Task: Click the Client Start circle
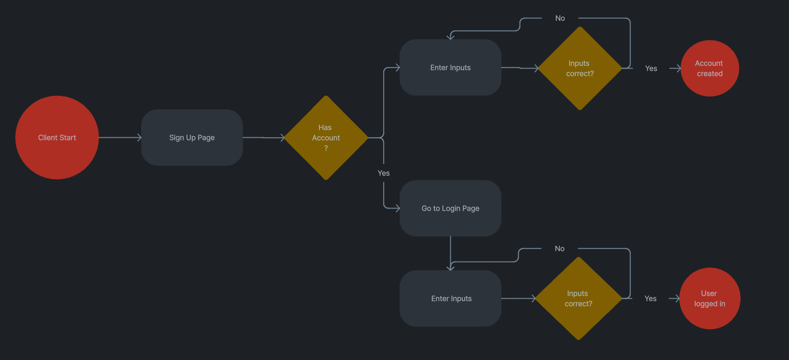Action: [x=57, y=137]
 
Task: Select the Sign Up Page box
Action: [x=192, y=137]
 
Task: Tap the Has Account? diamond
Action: [x=326, y=138]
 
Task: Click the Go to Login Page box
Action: [x=450, y=208]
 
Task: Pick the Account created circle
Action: [x=709, y=68]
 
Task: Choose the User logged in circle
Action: [x=709, y=298]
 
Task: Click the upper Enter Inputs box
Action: [x=450, y=68]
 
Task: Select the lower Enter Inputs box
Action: [x=450, y=298]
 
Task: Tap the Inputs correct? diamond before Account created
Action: [x=579, y=68]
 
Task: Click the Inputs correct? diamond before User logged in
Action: [x=578, y=298]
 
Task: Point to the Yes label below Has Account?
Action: [x=384, y=173]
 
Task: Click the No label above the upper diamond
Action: [x=560, y=18]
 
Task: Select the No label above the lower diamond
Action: [x=559, y=248]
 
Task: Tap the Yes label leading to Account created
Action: [x=651, y=68]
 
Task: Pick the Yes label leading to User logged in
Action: [x=651, y=298]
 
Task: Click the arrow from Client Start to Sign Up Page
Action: [x=120, y=137]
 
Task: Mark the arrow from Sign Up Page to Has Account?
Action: [x=263, y=137]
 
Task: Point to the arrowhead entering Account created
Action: [x=677, y=68]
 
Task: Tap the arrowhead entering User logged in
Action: [x=676, y=298]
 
